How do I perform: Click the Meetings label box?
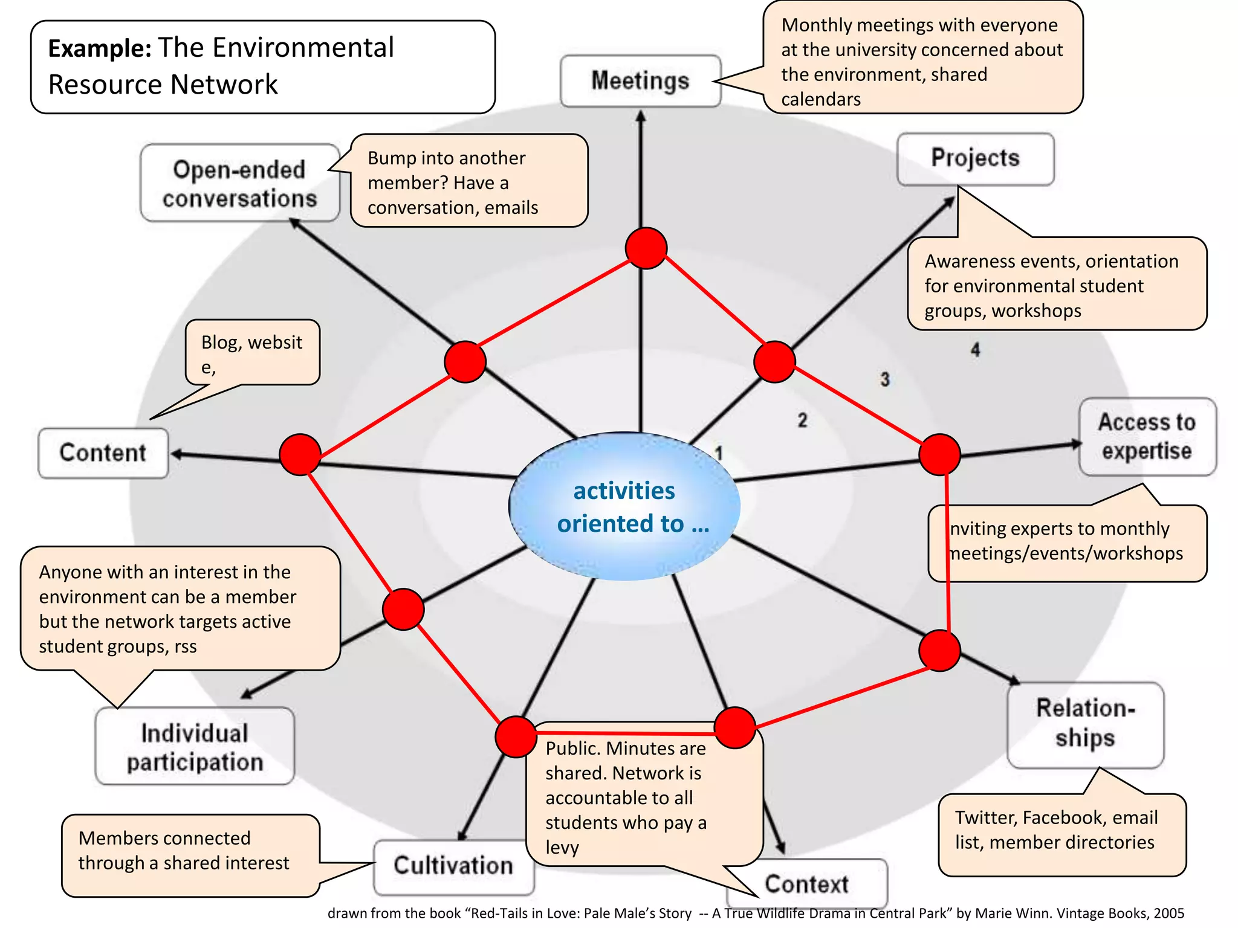(x=640, y=81)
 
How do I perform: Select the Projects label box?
(x=975, y=158)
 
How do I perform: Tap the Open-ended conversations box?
(x=239, y=184)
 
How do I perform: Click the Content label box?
(x=103, y=453)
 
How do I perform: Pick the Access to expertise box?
(x=1147, y=436)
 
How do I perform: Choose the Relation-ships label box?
(x=1085, y=724)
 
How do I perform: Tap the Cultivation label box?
(x=453, y=866)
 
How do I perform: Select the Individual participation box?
(x=195, y=747)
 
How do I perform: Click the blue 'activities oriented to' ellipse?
(x=624, y=506)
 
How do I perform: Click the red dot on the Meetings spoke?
(x=646, y=248)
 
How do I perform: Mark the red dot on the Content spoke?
(x=300, y=454)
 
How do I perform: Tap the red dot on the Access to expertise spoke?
(x=939, y=454)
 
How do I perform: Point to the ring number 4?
(x=975, y=350)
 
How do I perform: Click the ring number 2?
(x=802, y=420)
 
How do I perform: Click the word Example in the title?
(x=99, y=48)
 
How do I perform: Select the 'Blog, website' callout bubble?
(x=252, y=353)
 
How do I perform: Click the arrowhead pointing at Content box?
(x=177, y=454)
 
